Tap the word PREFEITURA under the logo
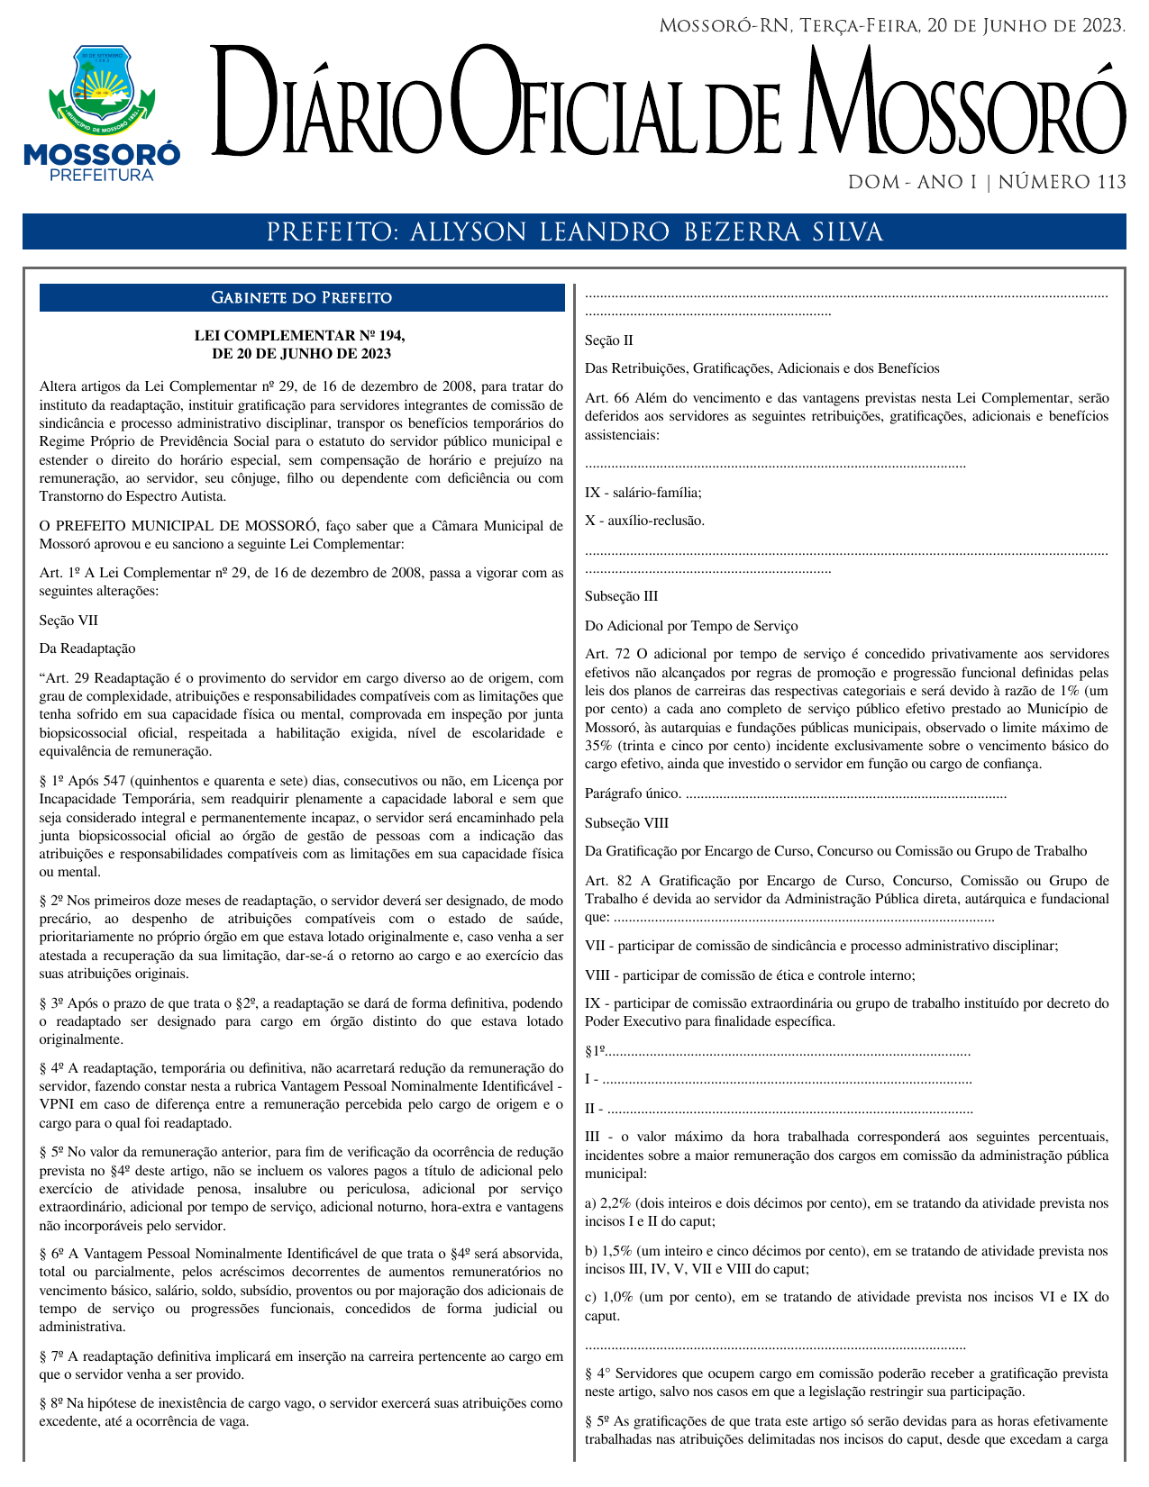click(x=101, y=175)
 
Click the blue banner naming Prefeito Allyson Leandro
click(x=574, y=231)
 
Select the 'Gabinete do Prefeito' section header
click(x=301, y=298)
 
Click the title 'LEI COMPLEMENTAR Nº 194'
click(x=300, y=336)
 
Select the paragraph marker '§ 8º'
click(x=50, y=1403)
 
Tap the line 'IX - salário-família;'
click(x=643, y=493)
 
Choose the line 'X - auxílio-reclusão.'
click(x=644, y=521)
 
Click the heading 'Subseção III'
click(x=621, y=596)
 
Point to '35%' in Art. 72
click(x=597, y=746)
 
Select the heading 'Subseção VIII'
click(x=626, y=823)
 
